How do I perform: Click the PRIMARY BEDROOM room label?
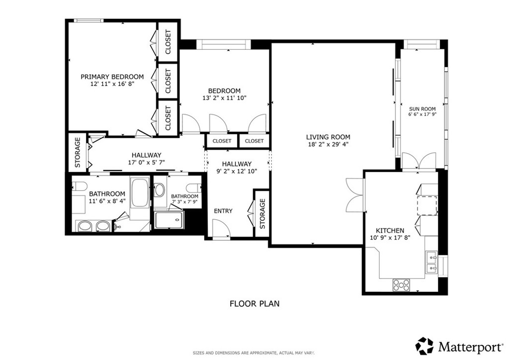(x=112, y=77)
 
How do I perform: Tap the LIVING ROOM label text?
(x=328, y=137)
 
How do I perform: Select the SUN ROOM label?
(x=423, y=109)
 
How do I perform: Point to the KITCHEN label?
(x=390, y=231)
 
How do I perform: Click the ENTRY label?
(x=223, y=211)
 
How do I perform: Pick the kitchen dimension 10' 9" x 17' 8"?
(x=390, y=238)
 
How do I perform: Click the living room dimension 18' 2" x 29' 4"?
(x=328, y=145)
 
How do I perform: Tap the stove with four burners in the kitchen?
(x=401, y=285)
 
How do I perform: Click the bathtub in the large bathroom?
(x=140, y=192)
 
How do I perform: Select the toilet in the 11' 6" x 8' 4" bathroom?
(x=79, y=186)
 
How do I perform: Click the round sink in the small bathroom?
(x=160, y=190)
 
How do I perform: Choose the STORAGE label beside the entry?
(x=262, y=214)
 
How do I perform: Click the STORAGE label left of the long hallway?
(x=78, y=152)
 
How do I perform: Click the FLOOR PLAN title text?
(x=254, y=304)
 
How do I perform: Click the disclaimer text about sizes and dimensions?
(x=254, y=353)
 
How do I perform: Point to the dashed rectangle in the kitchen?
(x=427, y=205)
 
